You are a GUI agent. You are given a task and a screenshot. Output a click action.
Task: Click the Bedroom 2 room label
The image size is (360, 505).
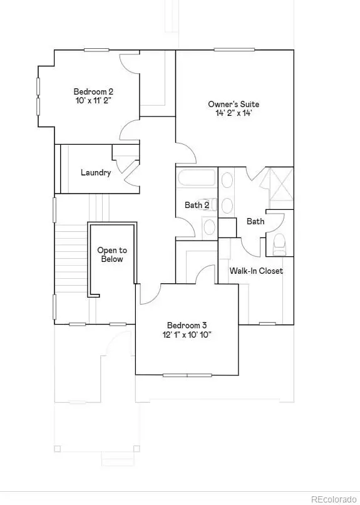pyautogui.click(x=93, y=91)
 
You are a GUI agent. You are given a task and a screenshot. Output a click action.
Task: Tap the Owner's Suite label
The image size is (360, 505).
pyautogui.click(x=234, y=104)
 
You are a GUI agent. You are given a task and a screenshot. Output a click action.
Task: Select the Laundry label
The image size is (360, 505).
pyautogui.click(x=96, y=173)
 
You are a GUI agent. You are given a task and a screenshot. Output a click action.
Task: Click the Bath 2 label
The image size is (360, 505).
pyautogui.click(x=197, y=205)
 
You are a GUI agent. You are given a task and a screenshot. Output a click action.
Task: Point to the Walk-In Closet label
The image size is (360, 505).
pyautogui.click(x=256, y=271)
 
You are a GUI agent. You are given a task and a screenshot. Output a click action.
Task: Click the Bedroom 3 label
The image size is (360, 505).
pyautogui.click(x=187, y=325)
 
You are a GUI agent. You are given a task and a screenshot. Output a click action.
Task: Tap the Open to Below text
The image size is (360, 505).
pyautogui.click(x=112, y=254)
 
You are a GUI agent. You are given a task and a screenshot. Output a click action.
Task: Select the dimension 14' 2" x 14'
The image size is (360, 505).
pyautogui.click(x=234, y=113)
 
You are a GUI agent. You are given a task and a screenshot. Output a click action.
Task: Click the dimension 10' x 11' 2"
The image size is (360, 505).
pyautogui.click(x=93, y=100)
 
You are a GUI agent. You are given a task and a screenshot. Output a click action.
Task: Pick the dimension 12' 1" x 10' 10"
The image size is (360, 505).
pyautogui.click(x=187, y=335)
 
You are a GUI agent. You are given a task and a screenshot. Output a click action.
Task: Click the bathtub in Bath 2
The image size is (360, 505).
pyautogui.click(x=196, y=178)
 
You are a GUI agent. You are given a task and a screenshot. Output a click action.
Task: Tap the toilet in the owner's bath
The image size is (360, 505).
pyautogui.click(x=279, y=244)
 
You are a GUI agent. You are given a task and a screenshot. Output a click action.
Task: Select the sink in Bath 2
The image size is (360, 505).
pyautogui.click(x=210, y=227)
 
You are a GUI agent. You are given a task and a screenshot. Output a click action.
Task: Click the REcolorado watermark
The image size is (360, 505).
pyautogui.click(x=334, y=499)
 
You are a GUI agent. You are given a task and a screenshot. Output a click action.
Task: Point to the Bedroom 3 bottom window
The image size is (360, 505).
pyautogui.click(x=187, y=375)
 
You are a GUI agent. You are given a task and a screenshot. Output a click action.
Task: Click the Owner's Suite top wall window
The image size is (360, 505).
pyautogui.click(x=234, y=49)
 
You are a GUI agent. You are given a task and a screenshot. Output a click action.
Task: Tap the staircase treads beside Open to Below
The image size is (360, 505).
pyautogui.click(x=71, y=258)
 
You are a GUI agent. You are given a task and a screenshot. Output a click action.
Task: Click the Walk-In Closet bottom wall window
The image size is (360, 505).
pyautogui.click(x=267, y=324)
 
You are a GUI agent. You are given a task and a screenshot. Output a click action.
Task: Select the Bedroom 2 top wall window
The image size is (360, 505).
pyautogui.click(x=96, y=50)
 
